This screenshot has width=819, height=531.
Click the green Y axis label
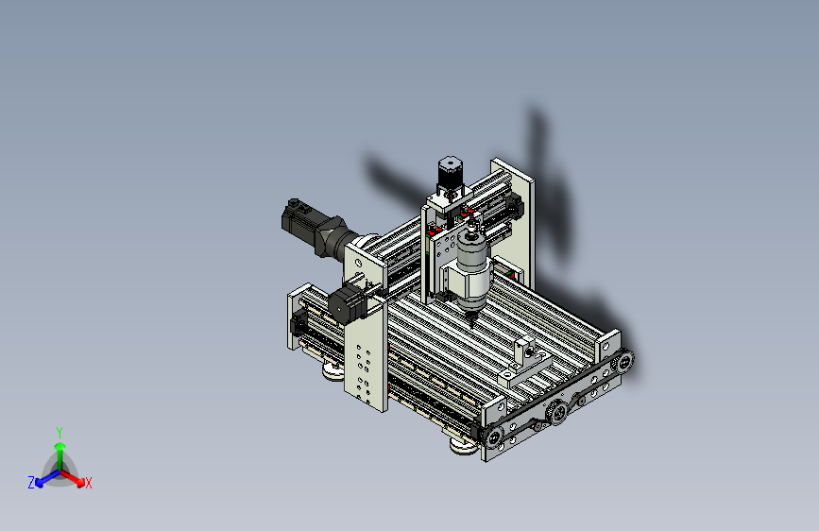pos(60,433)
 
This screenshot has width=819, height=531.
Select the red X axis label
pos(88,483)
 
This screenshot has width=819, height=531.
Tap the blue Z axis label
pos(31,483)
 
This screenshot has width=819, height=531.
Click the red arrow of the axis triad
pos(73,478)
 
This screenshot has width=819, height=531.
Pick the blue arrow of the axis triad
pos(47,478)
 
